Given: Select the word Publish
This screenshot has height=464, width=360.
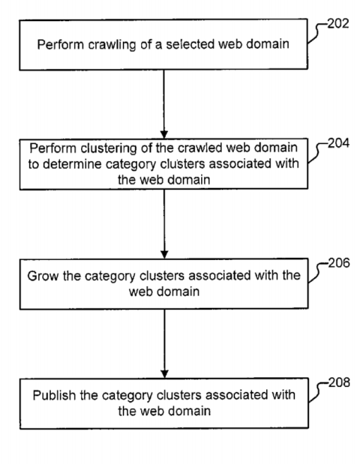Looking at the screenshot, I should [x=55, y=395].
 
